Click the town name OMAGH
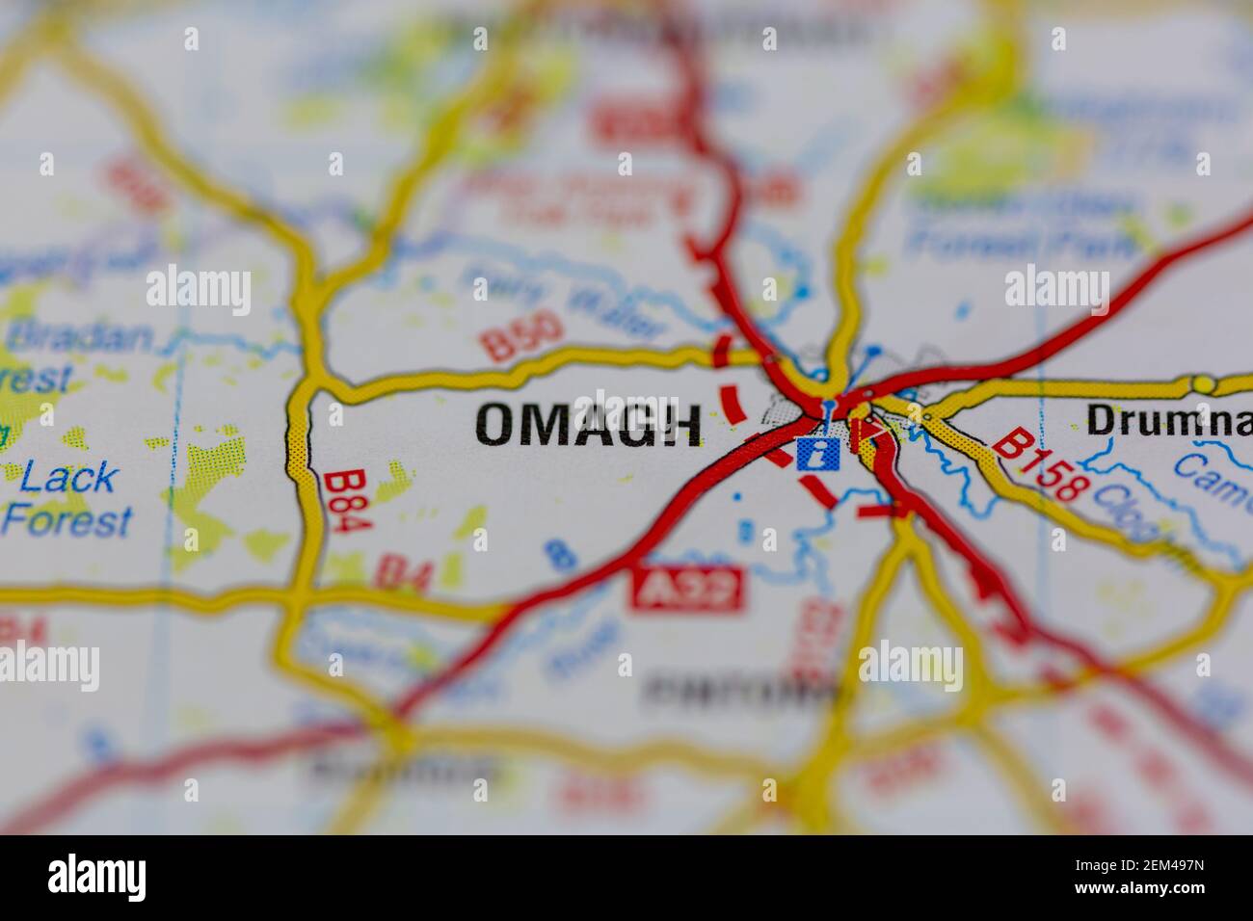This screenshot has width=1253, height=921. (588, 425)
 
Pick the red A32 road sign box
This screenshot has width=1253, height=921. (688, 587)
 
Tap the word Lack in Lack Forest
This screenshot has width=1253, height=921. (69, 477)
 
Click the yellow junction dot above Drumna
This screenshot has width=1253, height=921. (1203, 384)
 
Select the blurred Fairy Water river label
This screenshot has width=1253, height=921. (563, 304)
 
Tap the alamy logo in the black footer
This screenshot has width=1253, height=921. (96, 878)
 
